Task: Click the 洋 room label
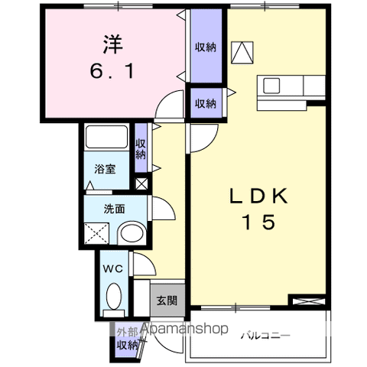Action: coord(113,44)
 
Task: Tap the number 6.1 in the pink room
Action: coord(112,71)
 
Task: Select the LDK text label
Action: coord(258,196)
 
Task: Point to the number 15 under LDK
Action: coord(259,222)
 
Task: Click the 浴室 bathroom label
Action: coord(105,169)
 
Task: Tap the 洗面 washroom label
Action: coord(114,209)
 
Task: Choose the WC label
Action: coord(113,268)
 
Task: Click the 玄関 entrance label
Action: coord(167,300)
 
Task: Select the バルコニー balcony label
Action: coord(265,336)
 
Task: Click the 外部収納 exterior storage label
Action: coord(128,339)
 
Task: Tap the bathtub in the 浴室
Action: coord(106,137)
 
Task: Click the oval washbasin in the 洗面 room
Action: coord(132,233)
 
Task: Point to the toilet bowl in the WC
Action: coord(114,297)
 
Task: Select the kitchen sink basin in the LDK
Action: coord(271,86)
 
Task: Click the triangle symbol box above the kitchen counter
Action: coord(242,53)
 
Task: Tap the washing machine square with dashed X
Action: coord(96,233)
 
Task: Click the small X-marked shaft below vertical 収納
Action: coord(141,183)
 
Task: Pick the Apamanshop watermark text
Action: coord(184,328)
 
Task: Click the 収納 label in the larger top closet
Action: coord(206,47)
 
